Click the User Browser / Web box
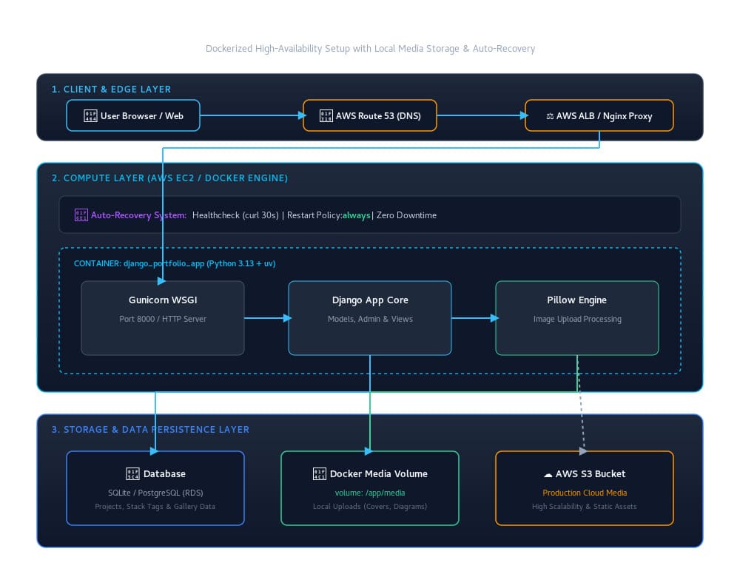tap(133, 115)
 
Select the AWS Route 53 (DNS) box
tap(369, 115)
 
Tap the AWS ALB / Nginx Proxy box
tap(599, 115)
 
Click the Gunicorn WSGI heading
tap(163, 300)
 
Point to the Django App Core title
tap(370, 300)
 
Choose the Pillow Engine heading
tap(576, 300)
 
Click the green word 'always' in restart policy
tap(357, 215)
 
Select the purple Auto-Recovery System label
tap(139, 215)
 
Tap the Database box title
tap(164, 473)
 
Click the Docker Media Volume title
tap(378, 473)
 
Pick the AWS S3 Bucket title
tap(591, 473)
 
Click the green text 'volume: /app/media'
tap(370, 493)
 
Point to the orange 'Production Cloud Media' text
tap(585, 493)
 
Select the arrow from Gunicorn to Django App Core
tap(268, 318)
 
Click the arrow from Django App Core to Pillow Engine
tap(475, 318)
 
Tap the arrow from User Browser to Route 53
tap(253, 115)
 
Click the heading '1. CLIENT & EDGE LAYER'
tap(111, 90)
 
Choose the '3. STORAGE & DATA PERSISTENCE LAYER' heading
tap(150, 430)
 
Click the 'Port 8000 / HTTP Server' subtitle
tap(163, 319)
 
